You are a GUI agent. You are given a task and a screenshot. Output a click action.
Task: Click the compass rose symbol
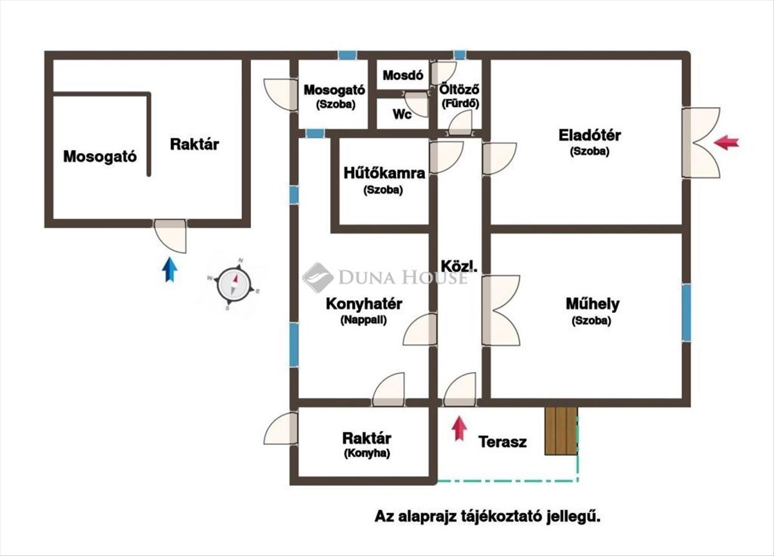pyautogui.click(x=233, y=284)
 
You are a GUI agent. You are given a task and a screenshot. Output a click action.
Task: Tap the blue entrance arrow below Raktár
pyautogui.click(x=170, y=269)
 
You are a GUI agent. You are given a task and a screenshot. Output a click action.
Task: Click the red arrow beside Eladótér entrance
pyautogui.click(x=726, y=143)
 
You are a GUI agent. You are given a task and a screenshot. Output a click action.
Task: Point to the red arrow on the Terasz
pyautogui.click(x=459, y=428)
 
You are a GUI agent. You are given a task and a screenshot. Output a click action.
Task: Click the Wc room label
pyautogui.click(x=402, y=114)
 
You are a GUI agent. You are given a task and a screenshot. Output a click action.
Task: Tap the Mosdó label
pyautogui.click(x=403, y=75)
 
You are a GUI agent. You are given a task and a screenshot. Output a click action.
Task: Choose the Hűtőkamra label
pyautogui.click(x=384, y=173)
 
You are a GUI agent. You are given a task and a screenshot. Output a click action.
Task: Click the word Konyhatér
pyautogui.click(x=364, y=304)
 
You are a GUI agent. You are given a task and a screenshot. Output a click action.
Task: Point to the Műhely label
pyautogui.click(x=593, y=304)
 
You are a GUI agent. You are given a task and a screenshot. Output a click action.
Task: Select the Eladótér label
pyautogui.click(x=590, y=135)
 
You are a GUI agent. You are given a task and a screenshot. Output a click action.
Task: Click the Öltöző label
pyautogui.click(x=459, y=90)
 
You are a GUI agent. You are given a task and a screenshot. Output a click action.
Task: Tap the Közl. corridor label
pyautogui.click(x=459, y=266)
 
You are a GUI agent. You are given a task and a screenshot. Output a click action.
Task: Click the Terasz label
pyautogui.click(x=502, y=442)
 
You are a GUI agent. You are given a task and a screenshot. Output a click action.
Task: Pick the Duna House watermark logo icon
pyautogui.click(x=318, y=278)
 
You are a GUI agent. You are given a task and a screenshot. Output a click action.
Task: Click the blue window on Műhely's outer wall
pyautogui.click(x=686, y=312)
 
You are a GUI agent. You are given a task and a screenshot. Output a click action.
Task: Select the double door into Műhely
pyautogui.click(x=501, y=311)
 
